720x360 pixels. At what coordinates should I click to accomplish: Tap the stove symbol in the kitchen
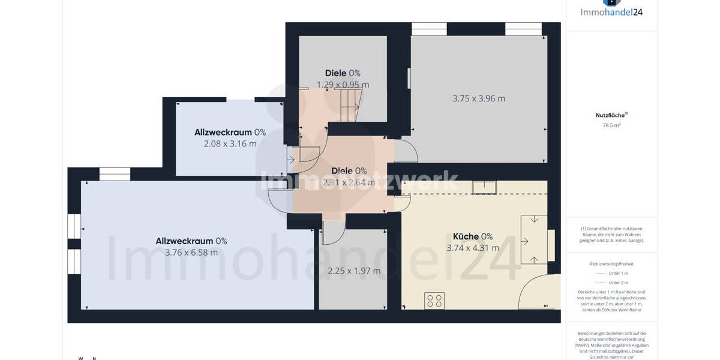[434, 301]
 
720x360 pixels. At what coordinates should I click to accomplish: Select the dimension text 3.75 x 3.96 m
[479, 98]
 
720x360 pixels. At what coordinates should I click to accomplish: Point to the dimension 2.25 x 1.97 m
[354, 271]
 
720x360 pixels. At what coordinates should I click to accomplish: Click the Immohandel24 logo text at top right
[611, 11]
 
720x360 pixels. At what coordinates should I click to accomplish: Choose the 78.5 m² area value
[611, 125]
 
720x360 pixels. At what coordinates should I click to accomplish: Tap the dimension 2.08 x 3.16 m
[230, 144]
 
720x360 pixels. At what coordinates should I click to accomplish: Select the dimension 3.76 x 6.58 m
[191, 253]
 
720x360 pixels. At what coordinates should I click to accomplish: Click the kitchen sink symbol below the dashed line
[484, 187]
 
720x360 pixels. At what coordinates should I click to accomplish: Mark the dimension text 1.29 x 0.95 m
[343, 85]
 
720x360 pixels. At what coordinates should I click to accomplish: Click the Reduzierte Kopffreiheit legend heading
[611, 263]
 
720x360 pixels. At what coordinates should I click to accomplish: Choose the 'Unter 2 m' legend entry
[611, 283]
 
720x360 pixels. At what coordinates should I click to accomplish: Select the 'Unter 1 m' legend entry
[611, 273]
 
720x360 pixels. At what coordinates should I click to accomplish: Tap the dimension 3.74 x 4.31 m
[473, 248]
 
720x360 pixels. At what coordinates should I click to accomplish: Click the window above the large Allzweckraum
[115, 174]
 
